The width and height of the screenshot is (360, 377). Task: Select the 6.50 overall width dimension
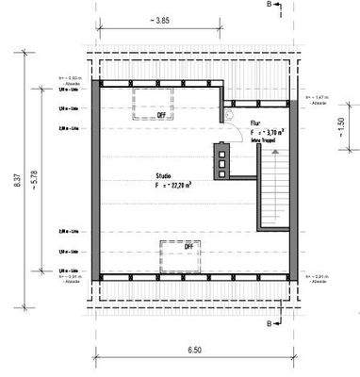pos(194,349)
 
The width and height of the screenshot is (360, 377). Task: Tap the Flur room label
pos(255,123)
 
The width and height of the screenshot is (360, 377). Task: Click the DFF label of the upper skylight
pos(162,114)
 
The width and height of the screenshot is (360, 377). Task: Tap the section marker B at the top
pos(270,6)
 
